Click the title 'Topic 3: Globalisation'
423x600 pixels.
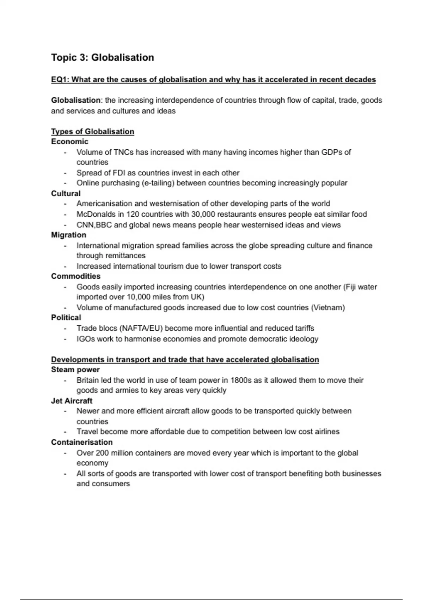coord(102,58)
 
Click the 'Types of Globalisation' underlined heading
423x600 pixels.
coord(92,132)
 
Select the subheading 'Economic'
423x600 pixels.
coord(69,142)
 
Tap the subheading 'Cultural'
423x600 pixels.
coord(66,193)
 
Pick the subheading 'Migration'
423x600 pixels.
coord(68,235)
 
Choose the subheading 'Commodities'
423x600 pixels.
coord(75,276)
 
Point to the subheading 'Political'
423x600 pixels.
coord(66,317)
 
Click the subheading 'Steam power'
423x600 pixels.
coord(75,370)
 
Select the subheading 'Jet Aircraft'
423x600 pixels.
coord(72,401)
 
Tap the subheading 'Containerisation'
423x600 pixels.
coord(82,442)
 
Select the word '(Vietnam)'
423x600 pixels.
coord(328,307)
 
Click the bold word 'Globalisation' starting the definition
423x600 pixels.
coord(75,100)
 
